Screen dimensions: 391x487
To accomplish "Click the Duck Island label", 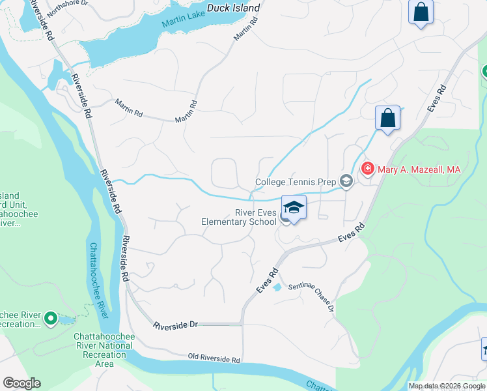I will pyautogui.click(x=233, y=8).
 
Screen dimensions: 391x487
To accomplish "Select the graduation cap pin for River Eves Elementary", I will pyautogui.click(x=294, y=208).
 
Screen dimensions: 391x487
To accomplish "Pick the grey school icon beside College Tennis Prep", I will pyautogui.click(x=346, y=182).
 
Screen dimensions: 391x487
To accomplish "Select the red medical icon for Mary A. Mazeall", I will pyautogui.click(x=367, y=169).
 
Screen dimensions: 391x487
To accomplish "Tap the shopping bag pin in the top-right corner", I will pyautogui.click(x=421, y=12).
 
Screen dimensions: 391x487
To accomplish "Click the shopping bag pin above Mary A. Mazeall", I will pyautogui.click(x=387, y=118).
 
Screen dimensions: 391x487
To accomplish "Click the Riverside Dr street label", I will pyautogui.click(x=174, y=324).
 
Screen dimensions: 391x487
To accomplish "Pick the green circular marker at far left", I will pyautogui.click(x=51, y=319).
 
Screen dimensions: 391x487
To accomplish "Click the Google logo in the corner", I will pyautogui.click(x=21, y=383).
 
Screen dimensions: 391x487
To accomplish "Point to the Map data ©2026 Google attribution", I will pyautogui.click(x=447, y=386).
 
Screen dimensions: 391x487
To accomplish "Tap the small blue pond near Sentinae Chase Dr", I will pyautogui.click(x=277, y=287).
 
